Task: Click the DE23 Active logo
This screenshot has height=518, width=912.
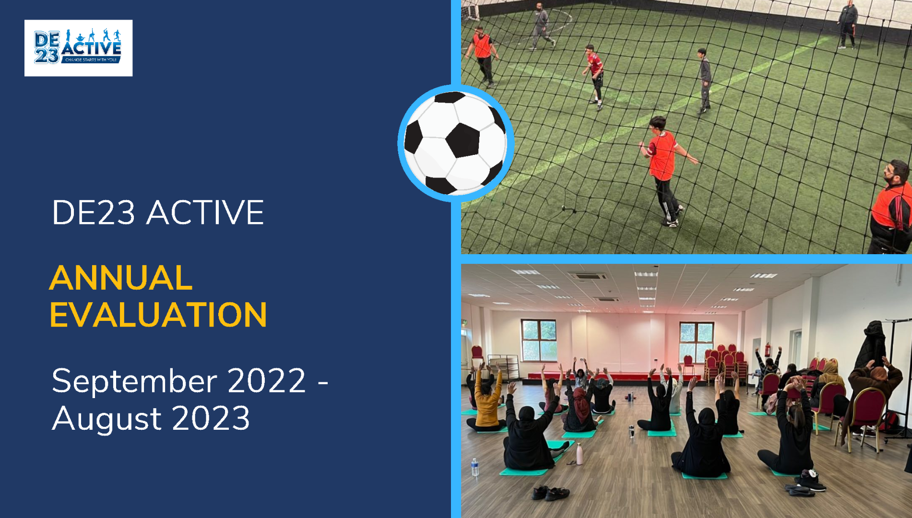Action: (78, 48)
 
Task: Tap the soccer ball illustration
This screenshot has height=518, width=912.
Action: (455, 143)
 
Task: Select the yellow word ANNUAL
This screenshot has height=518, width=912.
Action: (121, 278)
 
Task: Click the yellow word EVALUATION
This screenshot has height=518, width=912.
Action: (158, 315)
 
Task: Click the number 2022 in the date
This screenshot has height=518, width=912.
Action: (267, 381)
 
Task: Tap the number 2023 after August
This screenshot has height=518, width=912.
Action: (211, 418)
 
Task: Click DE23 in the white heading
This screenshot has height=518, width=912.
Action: (94, 212)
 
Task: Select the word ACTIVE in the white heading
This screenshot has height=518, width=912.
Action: (205, 212)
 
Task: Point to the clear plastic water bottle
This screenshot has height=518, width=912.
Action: (474, 467)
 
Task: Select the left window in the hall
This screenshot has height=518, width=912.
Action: (538, 340)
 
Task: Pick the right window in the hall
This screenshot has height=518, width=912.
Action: (696, 342)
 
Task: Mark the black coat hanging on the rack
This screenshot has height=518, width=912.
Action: (872, 345)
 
